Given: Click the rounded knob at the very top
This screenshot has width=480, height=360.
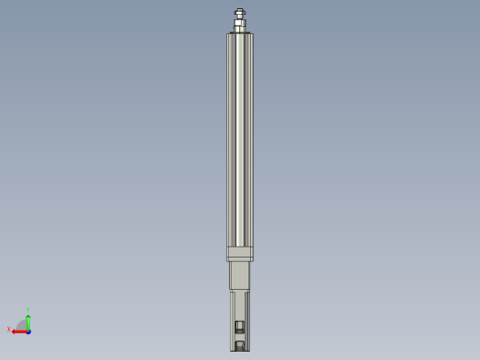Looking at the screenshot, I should click(x=239, y=12).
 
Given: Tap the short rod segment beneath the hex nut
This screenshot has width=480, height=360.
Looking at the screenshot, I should click(x=239, y=29).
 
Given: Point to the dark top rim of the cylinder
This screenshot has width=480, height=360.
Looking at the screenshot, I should click(x=239, y=34).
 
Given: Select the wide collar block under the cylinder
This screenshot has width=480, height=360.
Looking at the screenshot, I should click(x=239, y=253).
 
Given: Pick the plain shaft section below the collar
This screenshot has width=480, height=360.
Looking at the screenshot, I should click(x=239, y=275).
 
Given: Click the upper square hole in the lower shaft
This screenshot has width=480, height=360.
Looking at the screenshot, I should click(x=240, y=326).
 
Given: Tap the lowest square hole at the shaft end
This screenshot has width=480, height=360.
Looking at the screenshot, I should click(x=240, y=345).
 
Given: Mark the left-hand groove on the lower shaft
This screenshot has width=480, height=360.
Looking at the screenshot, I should click(x=233, y=318).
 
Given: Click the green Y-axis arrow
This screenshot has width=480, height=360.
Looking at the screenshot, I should click(x=29, y=319).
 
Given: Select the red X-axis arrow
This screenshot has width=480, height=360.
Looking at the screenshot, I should click(x=18, y=330).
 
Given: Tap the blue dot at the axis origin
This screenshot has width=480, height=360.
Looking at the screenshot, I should click(x=29, y=330).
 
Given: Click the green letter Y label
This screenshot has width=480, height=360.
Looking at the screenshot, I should click(x=29, y=310).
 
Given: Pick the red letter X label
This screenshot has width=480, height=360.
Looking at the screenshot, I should click(x=9, y=329).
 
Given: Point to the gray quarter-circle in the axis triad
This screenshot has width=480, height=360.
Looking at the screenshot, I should click(x=23, y=325).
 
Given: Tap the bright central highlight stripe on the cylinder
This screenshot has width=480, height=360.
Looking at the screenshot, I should click(x=240, y=138).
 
